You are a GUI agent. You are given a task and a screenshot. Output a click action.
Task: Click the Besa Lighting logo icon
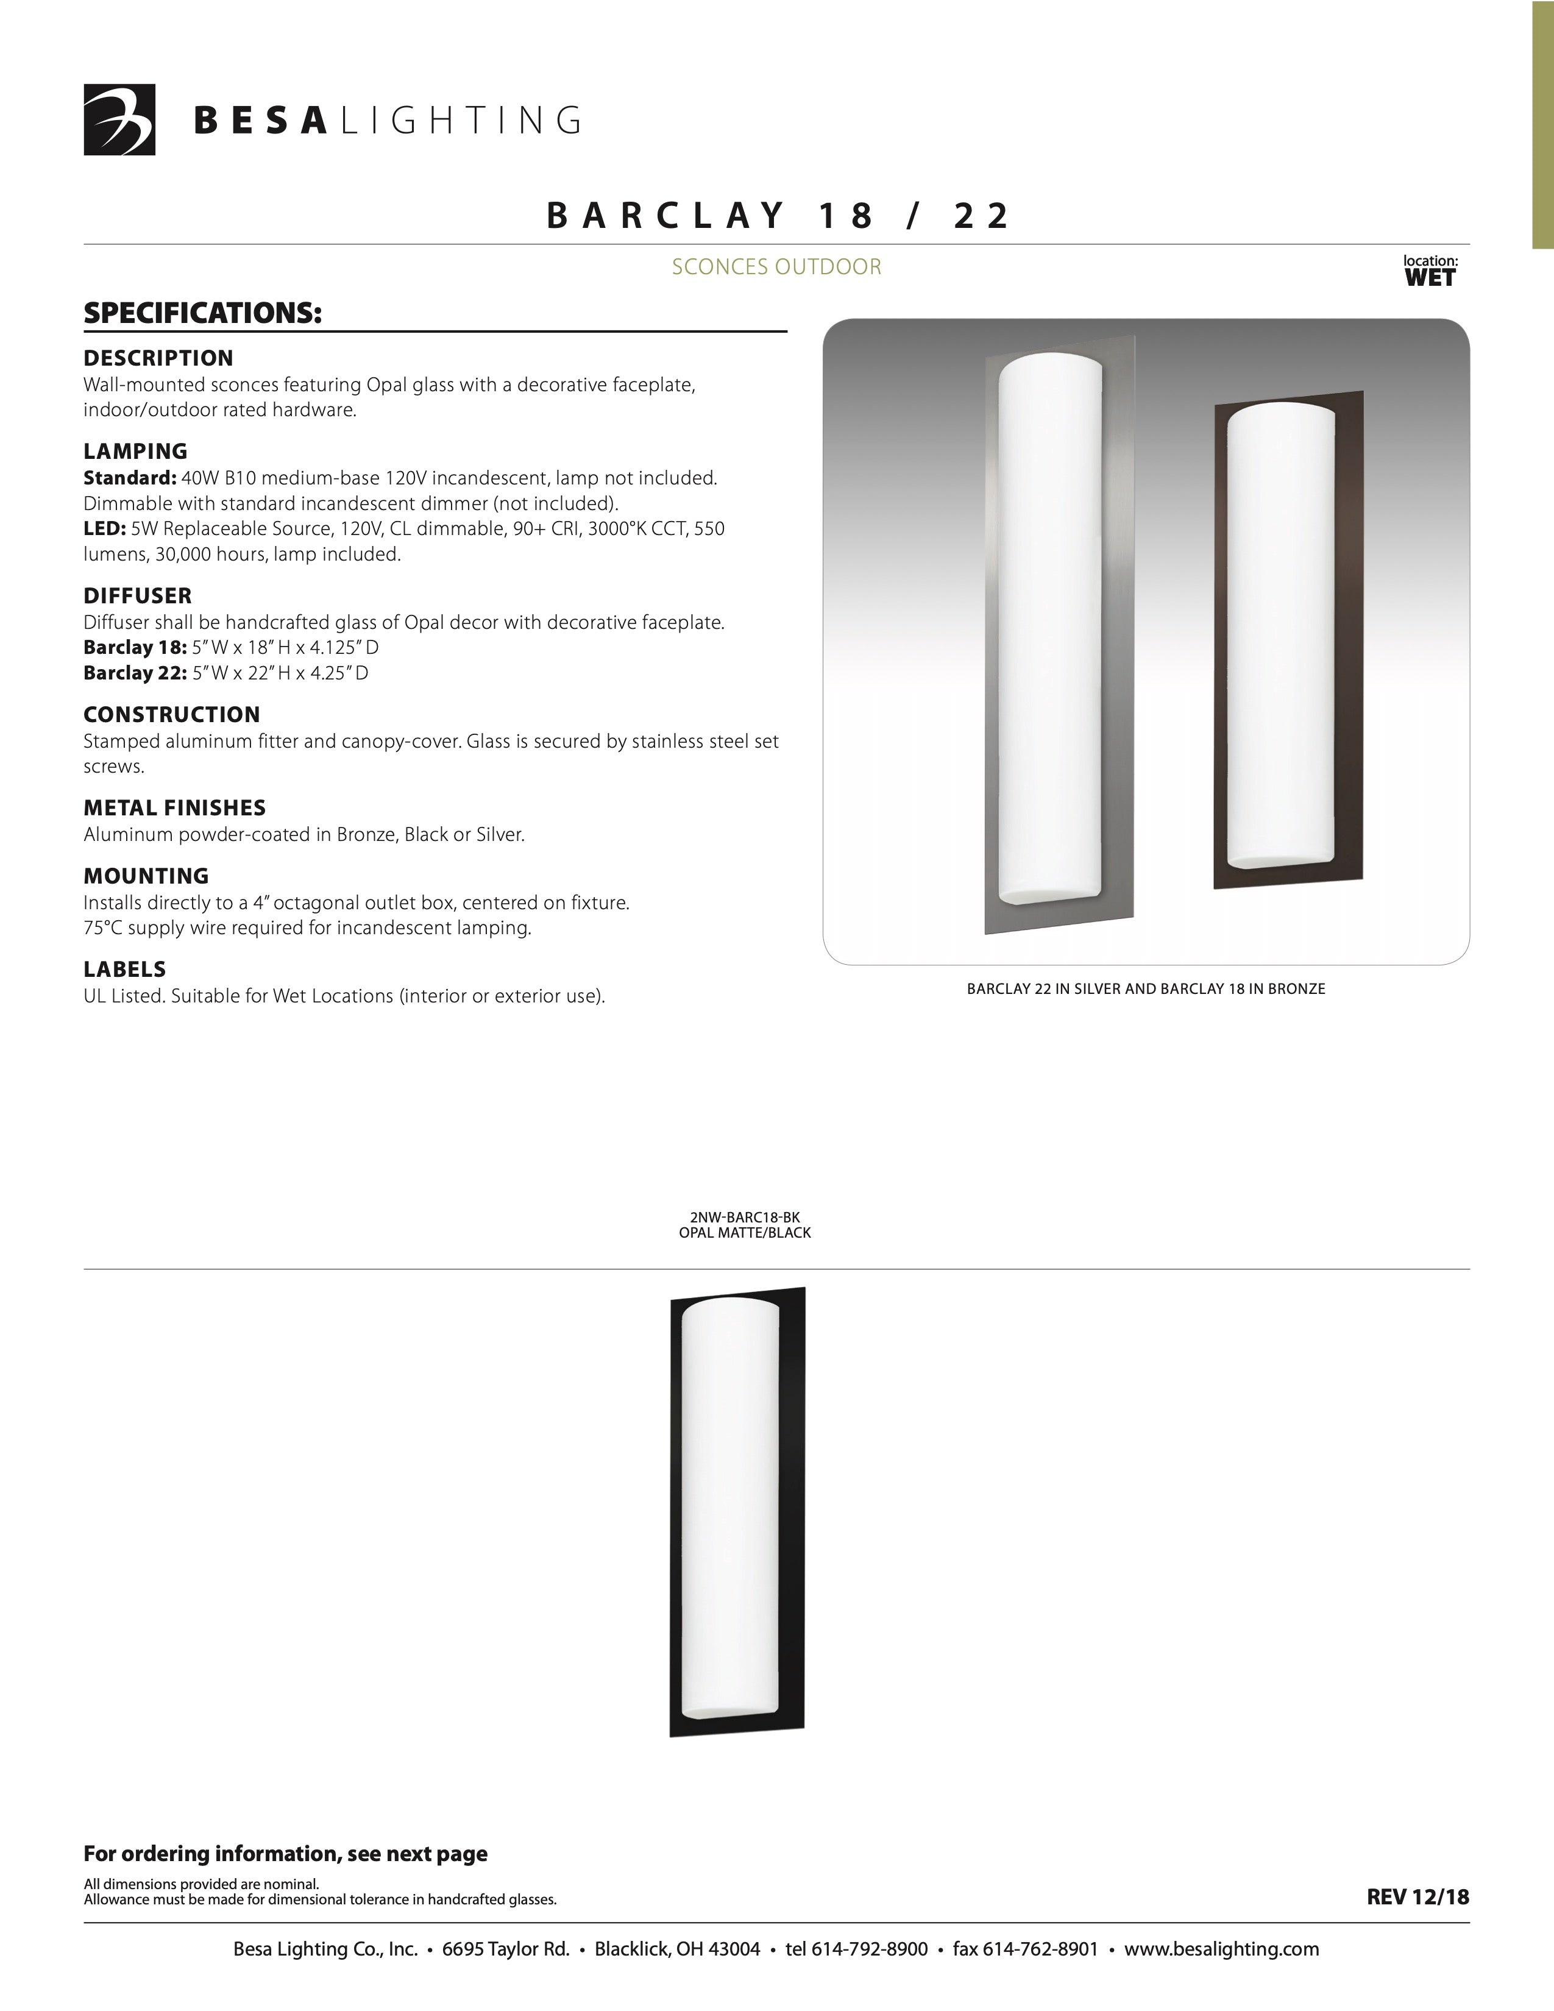[x=119, y=119]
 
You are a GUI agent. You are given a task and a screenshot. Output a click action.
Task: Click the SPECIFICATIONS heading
[x=202, y=313]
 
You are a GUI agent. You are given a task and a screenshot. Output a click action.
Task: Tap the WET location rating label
[x=1430, y=278]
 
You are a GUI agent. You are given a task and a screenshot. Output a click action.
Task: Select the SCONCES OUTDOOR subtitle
[x=776, y=267]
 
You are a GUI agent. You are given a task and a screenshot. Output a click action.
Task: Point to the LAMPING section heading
[x=135, y=451]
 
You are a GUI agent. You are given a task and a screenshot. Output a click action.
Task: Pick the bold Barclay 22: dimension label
[x=135, y=673]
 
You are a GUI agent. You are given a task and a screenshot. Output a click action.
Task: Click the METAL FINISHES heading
[x=174, y=807]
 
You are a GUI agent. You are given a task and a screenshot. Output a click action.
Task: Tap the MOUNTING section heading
[x=146, y=876]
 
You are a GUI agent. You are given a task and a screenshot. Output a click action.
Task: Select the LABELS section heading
[x=124, y=969]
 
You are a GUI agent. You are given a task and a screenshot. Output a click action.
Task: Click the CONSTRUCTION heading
[x=171, y=715]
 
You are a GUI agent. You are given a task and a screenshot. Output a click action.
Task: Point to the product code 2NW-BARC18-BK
[x=745, y=1218]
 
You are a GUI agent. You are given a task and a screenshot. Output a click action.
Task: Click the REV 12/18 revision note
[x=1417, y=1897]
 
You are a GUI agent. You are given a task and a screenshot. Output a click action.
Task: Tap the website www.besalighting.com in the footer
[x=1222, y=1949]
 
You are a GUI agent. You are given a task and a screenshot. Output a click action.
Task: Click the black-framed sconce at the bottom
[x=737, y=1512]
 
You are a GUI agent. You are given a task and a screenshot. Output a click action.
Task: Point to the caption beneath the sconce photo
[x=1145, y=989]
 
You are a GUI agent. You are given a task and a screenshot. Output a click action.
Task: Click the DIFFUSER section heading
[x=137, y=596]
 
